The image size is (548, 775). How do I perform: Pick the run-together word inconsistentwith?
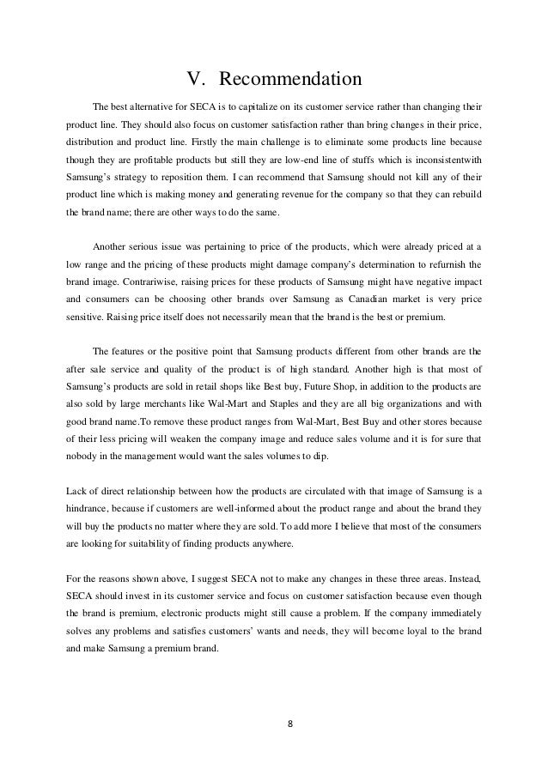click(441, 160)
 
